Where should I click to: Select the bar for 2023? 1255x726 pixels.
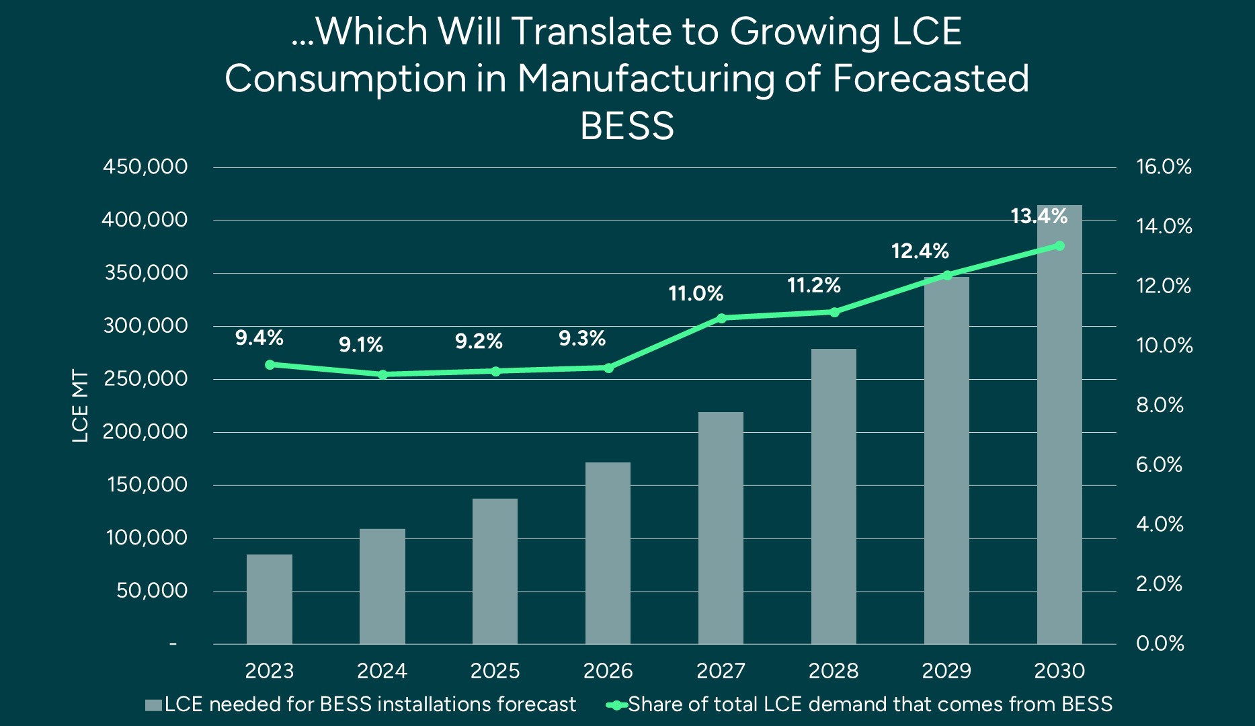coord(269,599)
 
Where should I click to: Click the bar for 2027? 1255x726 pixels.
coord(721,528)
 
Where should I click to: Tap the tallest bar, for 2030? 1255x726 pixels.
coord(1059,424)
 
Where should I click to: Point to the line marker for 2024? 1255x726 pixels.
coord(382,374)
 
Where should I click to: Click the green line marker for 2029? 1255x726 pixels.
coord(947,275)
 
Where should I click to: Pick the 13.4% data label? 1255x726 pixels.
coord(1039,216)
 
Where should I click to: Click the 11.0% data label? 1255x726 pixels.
coord(696,294)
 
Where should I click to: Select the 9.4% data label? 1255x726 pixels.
coord(259,338)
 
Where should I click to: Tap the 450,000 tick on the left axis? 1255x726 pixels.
coord(145,167)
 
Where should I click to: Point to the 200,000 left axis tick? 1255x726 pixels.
coord(145,432)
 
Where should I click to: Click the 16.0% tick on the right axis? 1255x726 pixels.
coord(1164,167)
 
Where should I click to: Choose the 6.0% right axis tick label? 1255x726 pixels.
coord(1159,465)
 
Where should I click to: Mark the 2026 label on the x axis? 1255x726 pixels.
coord(608,671)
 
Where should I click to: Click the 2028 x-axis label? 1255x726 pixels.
coord(834,671)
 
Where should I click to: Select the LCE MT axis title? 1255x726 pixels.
coord(80,406)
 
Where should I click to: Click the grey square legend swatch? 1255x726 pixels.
coord(153,705)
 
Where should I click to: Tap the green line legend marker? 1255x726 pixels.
coord(616,705)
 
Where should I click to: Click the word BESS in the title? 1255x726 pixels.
coord(626,126)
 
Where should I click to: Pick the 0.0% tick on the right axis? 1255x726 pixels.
coord(1160,643)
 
